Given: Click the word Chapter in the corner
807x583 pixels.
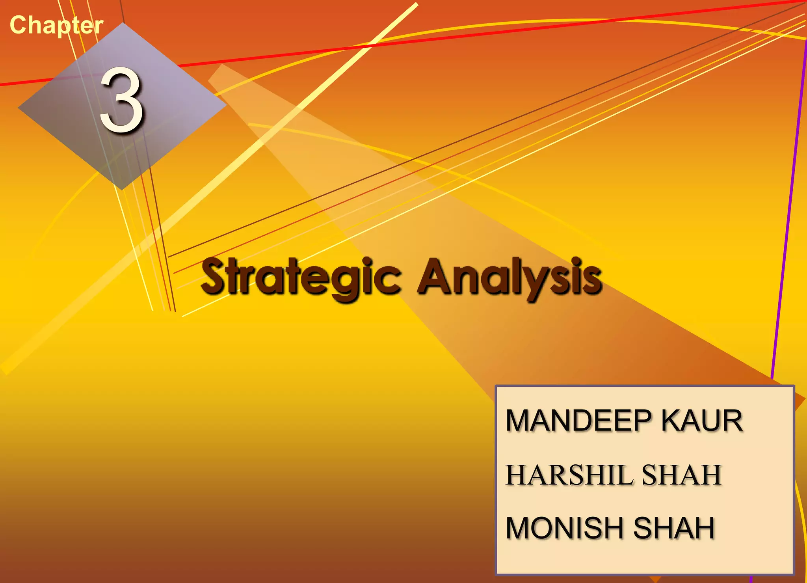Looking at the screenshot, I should click(56, 25).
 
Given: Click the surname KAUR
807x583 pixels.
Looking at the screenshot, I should click(702, 421).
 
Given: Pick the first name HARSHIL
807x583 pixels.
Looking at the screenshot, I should click(569, 475).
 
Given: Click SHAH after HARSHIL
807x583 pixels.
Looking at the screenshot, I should click(682, 475).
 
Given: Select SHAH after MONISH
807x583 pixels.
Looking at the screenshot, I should click(674, 528).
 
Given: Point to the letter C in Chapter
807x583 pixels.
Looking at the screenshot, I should click(17, 25).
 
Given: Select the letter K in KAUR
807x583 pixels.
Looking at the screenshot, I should click(671, 421).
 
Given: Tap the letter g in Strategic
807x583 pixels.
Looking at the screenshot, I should click(348, 281).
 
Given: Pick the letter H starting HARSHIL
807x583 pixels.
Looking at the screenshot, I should click(516, 475).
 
